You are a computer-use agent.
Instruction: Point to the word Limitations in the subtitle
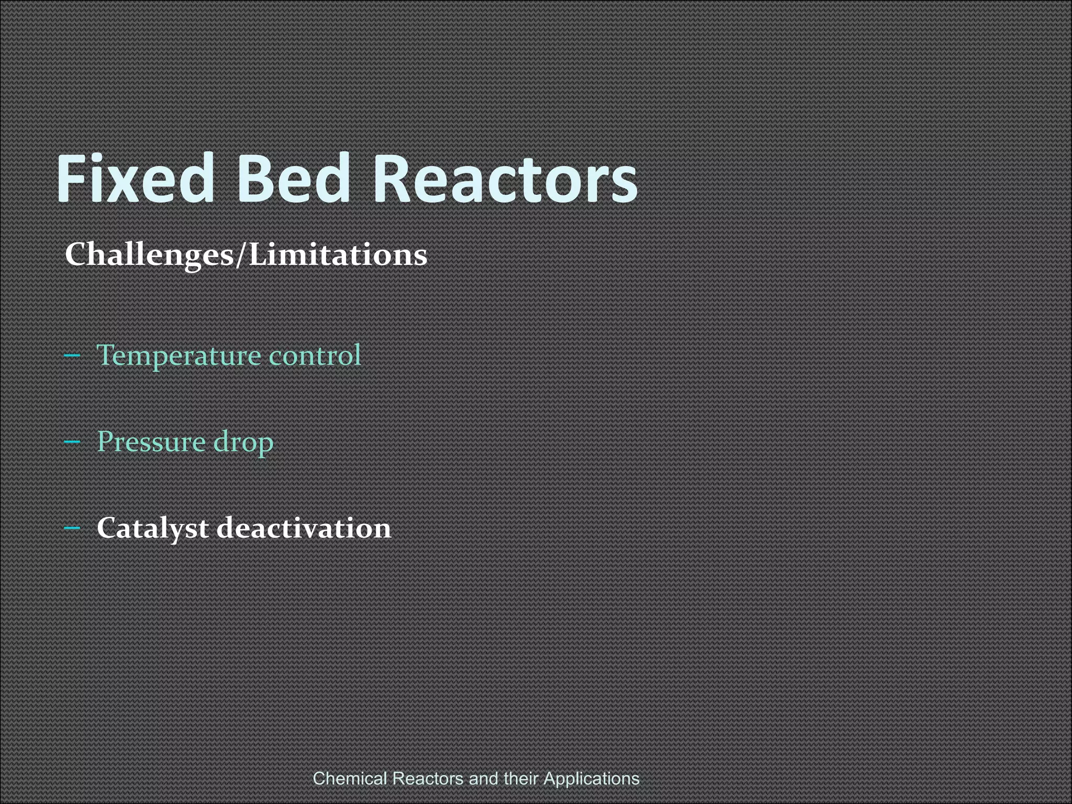click(x=338, y=255)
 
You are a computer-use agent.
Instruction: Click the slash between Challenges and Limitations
click(x=240, y=255)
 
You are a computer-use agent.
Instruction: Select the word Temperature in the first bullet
click(x=178, y=356)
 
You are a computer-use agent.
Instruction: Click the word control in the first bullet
click(x=315, y=355)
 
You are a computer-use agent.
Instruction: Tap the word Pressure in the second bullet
click(x=151, y=442)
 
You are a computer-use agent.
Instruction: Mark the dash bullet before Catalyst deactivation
click(x=72, y=528)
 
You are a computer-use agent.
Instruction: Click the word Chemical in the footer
click(x=350, y=778)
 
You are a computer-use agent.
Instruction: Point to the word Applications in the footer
click(x=591, y=778)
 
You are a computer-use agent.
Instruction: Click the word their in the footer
click(x=521, y=778)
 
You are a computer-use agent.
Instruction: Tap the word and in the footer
click(x=484, y=778)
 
